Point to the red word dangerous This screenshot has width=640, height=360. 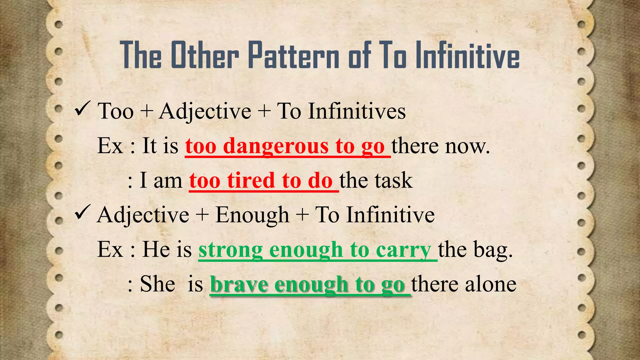tap(276, 146)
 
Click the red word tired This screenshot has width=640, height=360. tap(251, 181)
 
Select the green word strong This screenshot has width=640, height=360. tap(231, 250)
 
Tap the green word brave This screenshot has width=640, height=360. tap(239, 284)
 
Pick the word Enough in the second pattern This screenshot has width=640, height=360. tap(252, 216)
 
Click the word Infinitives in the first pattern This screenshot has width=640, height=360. tap(357, 111)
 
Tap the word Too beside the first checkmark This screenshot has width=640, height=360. tap(115, 111)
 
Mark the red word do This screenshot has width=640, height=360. tap(320, 181)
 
